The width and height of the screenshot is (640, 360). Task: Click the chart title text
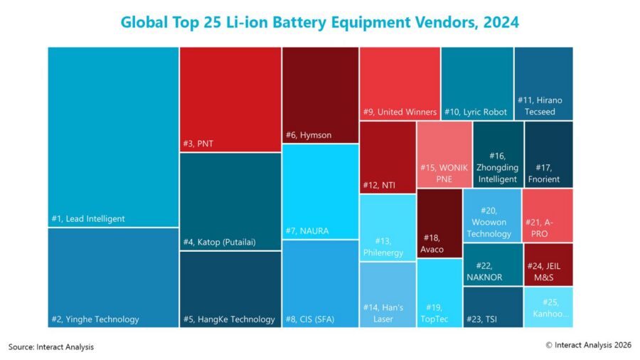(x=319, y=22)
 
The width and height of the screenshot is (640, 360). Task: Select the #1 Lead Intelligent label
(x=88, y=219)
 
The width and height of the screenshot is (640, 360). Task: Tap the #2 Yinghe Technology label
(x=95, y=319)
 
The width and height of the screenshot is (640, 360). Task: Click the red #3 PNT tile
(x=230, y=100)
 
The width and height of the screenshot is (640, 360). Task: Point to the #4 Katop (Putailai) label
(x=220, y=242)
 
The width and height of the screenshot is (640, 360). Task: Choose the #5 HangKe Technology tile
(x=230, y=290)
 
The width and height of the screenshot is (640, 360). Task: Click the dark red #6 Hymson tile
(x=321, y=95)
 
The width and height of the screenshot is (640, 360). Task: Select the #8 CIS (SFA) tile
(x=321, y=284)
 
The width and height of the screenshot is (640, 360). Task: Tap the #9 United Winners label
(x=400, y=112)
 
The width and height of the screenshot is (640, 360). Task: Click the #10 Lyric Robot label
(x=476, y=112)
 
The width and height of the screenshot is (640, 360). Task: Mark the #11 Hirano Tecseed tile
(x=544, y=84)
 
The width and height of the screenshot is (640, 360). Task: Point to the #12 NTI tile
(x=388, y=157)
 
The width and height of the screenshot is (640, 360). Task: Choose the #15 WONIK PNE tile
(x=444, y=154)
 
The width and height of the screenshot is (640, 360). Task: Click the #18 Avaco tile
(x=439, y=223)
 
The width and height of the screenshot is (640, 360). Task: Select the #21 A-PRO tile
(x=548, y=216)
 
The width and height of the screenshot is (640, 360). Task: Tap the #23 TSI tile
(x=493, y=307)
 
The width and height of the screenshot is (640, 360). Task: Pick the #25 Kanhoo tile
(x=548, y=307)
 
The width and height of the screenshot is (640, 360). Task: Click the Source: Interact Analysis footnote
(x=51, y=347)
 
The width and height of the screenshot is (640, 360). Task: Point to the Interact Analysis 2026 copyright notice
(x=589, y=345)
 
